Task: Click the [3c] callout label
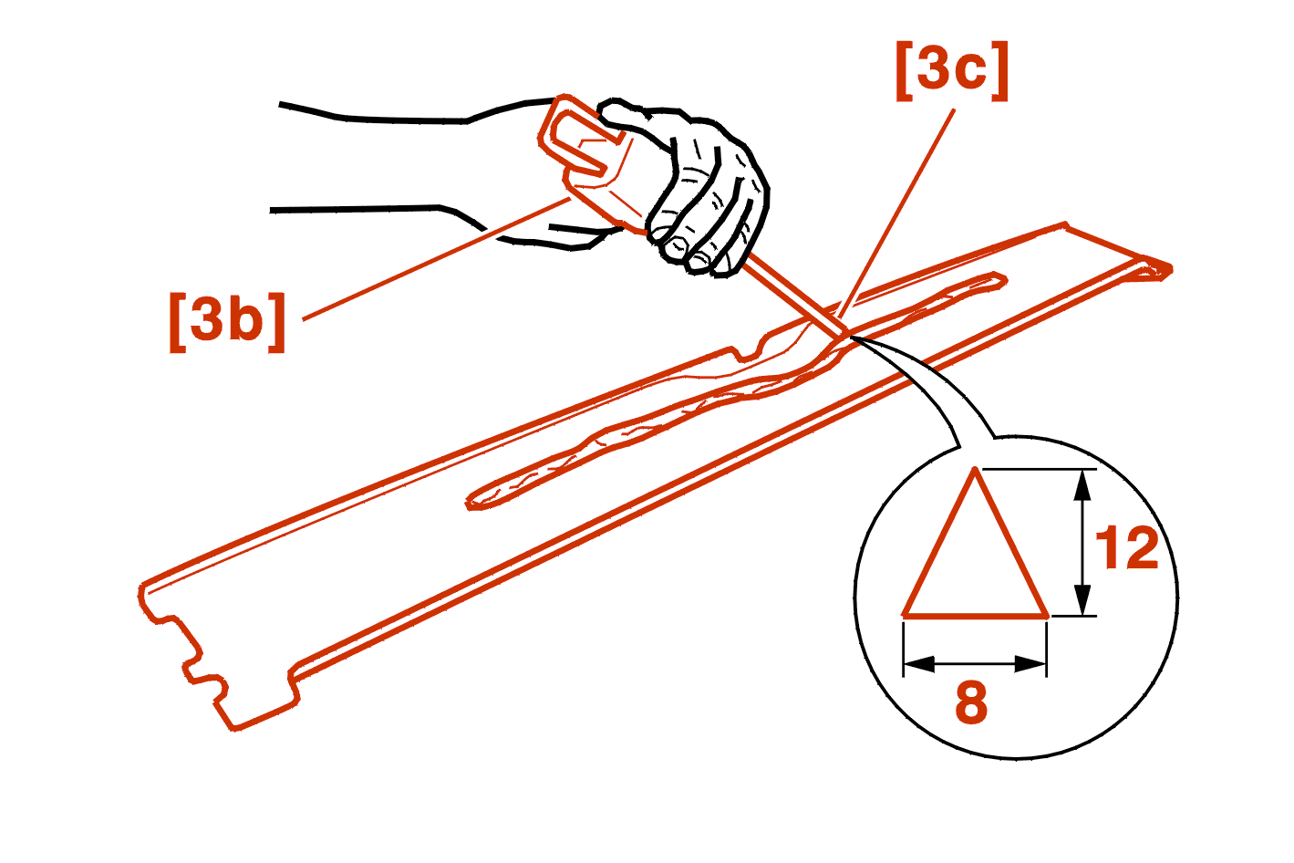951,71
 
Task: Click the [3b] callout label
227,322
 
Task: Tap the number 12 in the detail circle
1127,548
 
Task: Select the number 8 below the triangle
972,702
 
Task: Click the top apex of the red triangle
975,469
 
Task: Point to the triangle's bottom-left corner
905,616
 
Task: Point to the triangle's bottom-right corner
1046,616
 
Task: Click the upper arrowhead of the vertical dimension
1082,484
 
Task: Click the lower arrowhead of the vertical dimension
1082,600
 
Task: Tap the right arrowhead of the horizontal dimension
1030,663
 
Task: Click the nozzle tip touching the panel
844,334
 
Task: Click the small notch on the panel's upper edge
747,353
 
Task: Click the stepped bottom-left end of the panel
217,659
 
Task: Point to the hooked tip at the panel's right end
1153,269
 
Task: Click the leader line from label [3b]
437,259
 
